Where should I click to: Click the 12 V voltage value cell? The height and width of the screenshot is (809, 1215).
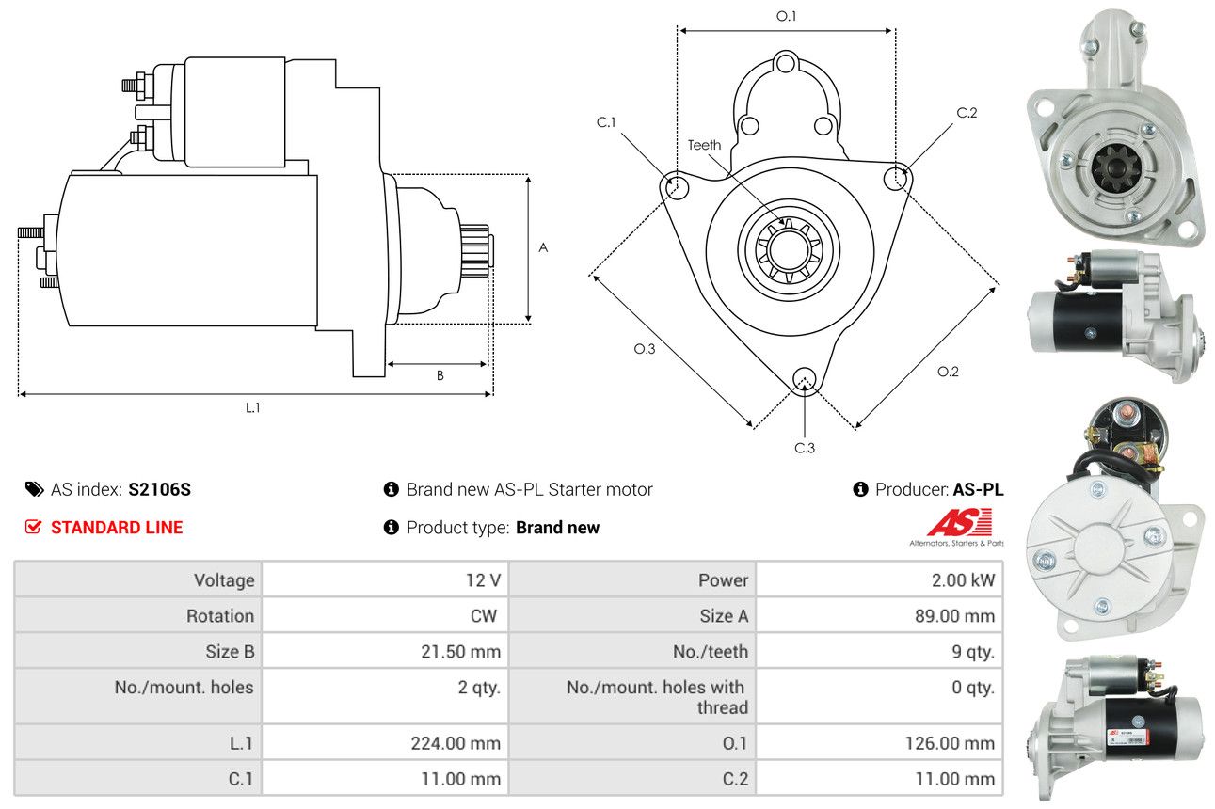[x=483, y=580]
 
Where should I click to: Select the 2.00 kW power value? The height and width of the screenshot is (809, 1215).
[x=963, y=580]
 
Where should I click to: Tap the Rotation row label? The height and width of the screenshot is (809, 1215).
[x=219, y=616]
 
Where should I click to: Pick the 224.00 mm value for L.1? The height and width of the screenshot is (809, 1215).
[x=456, y=743]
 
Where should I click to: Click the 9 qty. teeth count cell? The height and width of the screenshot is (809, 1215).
[x=973, y=652]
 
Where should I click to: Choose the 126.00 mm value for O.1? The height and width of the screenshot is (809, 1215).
[x=950, y=743]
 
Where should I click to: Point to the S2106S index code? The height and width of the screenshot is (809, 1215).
[x=159, y=489]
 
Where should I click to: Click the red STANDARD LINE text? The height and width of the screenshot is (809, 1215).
[x=117, y=528]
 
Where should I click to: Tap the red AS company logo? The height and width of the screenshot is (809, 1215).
[x=960, y=522]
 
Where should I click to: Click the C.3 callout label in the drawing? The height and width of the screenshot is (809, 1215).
[x=805, y=448]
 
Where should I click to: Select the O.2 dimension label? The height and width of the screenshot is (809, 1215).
[x=948, y=372]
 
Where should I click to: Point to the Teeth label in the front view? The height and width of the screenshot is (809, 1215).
[x=704, y=145]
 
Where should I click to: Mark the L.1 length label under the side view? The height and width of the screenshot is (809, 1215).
[x=253, y=407]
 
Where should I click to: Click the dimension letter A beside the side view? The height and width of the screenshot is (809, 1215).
[x=543, y=247]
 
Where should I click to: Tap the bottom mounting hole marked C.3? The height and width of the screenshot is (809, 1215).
[x=804, y=379]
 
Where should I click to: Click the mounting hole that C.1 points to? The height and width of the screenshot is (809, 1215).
[x=677, y=187]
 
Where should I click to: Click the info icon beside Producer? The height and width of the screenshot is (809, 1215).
[x=860, y=489]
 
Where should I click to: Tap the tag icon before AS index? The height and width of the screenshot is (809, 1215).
[x=35, y=489]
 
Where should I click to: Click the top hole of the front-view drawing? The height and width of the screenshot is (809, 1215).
[x=785, y=64]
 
